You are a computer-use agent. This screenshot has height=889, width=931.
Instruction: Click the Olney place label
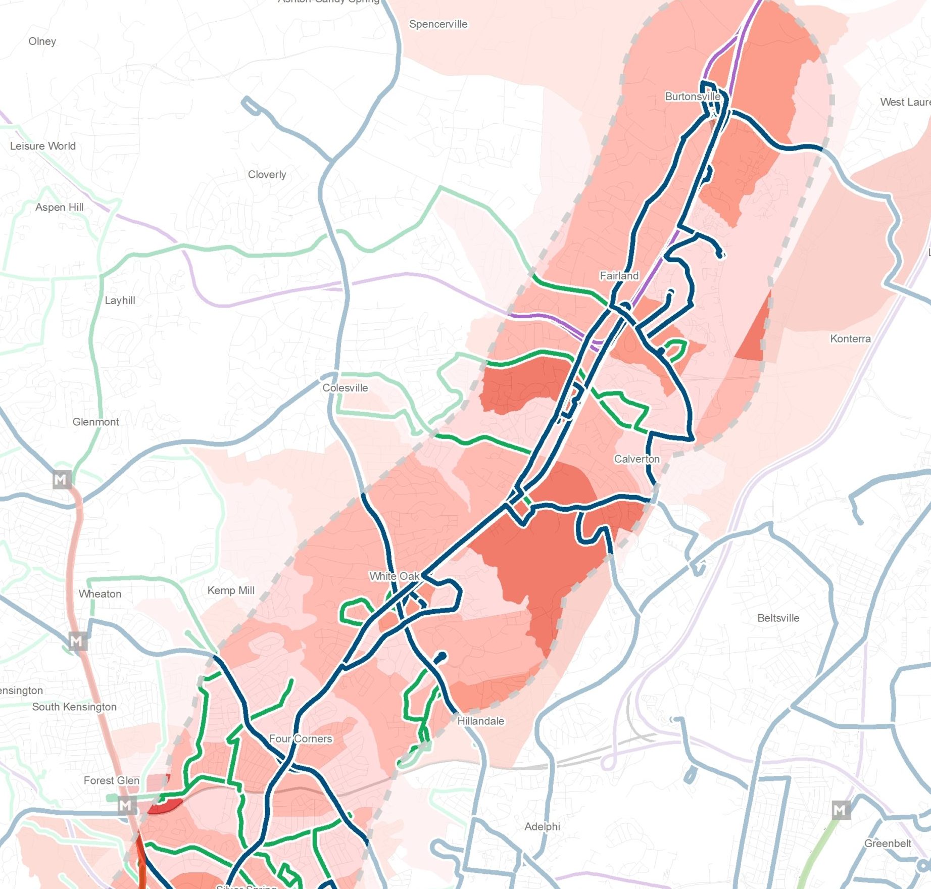(x=42, y=41)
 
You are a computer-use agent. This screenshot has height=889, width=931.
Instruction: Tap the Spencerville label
(x=438, y=24)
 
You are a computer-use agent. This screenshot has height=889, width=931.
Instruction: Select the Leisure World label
(x=43, y=146)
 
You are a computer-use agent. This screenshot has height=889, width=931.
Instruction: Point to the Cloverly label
(x=267, y=174)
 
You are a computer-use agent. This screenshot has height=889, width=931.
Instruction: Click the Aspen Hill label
(x=59, y=207)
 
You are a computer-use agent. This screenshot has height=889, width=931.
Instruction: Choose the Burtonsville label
(x=692, y=96)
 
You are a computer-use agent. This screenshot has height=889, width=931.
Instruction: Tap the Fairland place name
(x=619, y=276)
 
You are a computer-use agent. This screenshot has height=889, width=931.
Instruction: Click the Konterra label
(x=850, y=338)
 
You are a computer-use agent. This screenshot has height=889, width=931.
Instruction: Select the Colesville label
(x=345, y=388)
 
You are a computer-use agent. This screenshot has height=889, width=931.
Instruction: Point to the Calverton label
(x=636, y=459)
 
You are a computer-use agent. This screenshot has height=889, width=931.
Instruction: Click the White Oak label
(x=394, y=576)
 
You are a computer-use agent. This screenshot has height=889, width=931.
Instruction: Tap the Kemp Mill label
(x=231, y=590)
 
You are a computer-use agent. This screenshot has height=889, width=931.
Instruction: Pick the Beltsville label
(x=778, y=618)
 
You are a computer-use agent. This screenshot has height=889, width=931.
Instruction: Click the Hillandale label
(x=480, y=721)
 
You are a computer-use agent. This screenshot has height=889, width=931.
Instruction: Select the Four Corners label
(x=301, y=738)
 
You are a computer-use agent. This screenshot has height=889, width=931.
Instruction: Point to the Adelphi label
(x=542, y=826)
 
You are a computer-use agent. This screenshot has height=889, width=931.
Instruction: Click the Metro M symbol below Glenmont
(x=62, y=479)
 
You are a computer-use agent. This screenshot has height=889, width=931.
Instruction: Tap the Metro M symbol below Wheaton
(x=77, y=641)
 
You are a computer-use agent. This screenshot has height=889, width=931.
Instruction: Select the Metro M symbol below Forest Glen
(x=127, y=805)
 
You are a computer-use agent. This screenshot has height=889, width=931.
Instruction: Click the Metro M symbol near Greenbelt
(x=841, y=810)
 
